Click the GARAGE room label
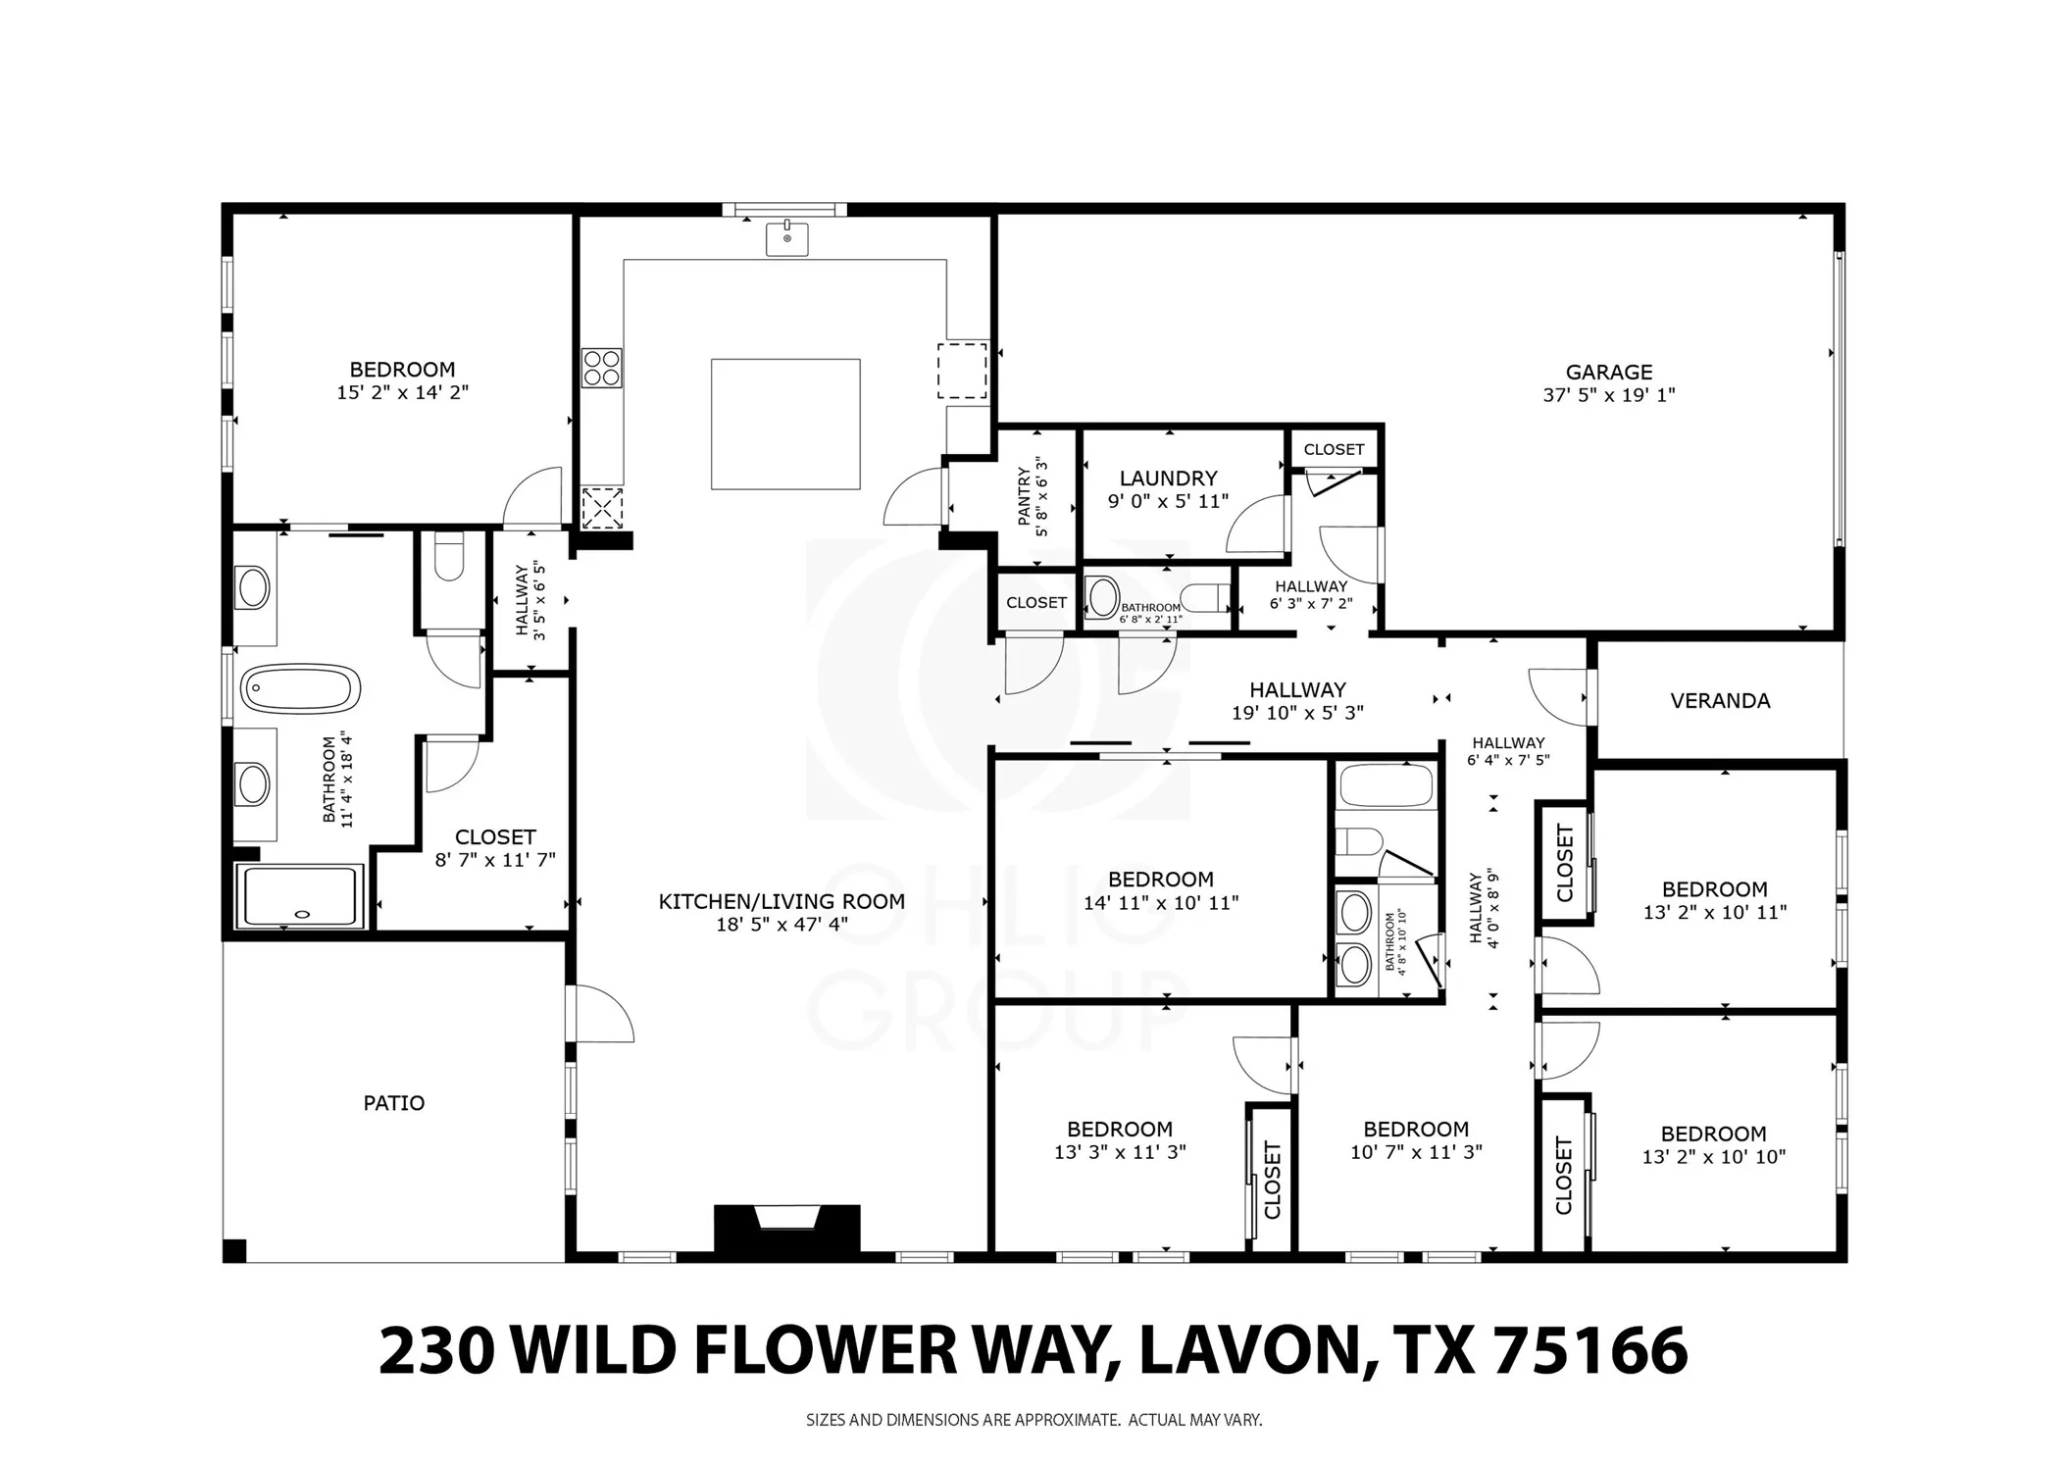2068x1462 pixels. point(1608,373)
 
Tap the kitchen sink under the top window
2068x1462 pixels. point(786,238)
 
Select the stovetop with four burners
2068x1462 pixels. point(601,368)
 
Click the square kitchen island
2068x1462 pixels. point(785,424)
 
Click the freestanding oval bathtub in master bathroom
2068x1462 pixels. point(301,688)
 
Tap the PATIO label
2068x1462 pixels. point(394,1103)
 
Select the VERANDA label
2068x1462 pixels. point(1720,701)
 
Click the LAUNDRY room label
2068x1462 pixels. point(1168,479)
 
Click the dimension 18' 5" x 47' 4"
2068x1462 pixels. point(782,924)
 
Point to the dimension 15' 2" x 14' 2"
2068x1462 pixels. point(402,392)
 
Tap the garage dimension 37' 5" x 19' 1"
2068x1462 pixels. point(1608,395)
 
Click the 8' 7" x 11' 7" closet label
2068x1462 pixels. point(495,849)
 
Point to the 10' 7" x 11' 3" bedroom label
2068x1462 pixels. point(1416,1140)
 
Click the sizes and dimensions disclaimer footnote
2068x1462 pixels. point(1034,1419)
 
